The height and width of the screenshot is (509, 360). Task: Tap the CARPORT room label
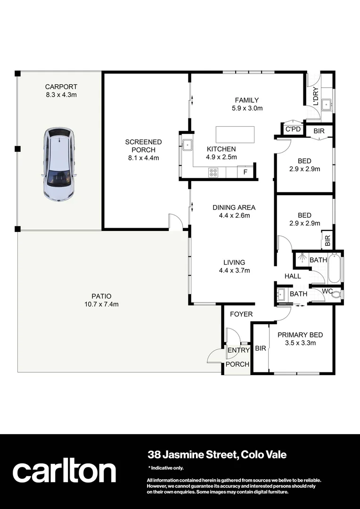click(61, 87)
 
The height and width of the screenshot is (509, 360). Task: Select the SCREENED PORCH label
click(143, 146)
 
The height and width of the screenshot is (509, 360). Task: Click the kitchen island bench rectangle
click(235, 134)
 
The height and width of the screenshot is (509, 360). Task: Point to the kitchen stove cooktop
click(213, 172)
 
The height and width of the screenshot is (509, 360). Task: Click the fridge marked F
click(245, 172)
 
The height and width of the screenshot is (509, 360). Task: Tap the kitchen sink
click(187, 145)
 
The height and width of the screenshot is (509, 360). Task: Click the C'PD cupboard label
click(293, 129)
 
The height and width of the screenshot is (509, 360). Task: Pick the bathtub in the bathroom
click(334, 269)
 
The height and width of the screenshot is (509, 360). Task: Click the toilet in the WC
click(336, 295)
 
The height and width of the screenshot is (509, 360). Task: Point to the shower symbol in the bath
click(302, 257)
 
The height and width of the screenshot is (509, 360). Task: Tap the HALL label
click(293, 276)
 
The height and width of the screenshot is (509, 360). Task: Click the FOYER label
click(241, 314)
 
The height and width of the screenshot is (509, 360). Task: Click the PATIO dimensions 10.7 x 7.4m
click(101, 304)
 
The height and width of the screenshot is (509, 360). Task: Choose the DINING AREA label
click(234, 207)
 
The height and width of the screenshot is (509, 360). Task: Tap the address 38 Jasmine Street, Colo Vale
click(217, 454)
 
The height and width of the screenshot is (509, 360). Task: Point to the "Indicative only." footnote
click(166, 468)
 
